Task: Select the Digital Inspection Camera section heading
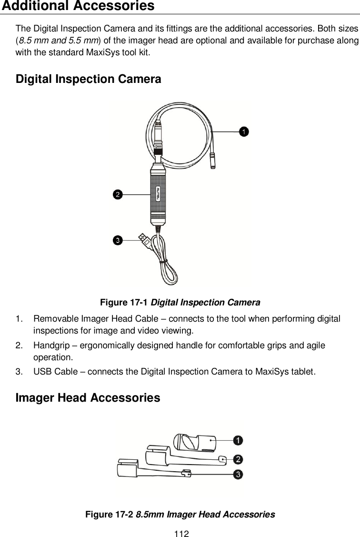(88, 79)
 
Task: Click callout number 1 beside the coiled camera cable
(243, 131)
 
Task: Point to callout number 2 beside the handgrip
(117, 194)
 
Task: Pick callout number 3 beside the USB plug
(117, 240)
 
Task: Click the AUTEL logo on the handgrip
(158, 194)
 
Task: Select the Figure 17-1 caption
(180, 303)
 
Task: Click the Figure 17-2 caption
(180, 515)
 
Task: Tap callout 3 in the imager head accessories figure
(237, 474)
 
